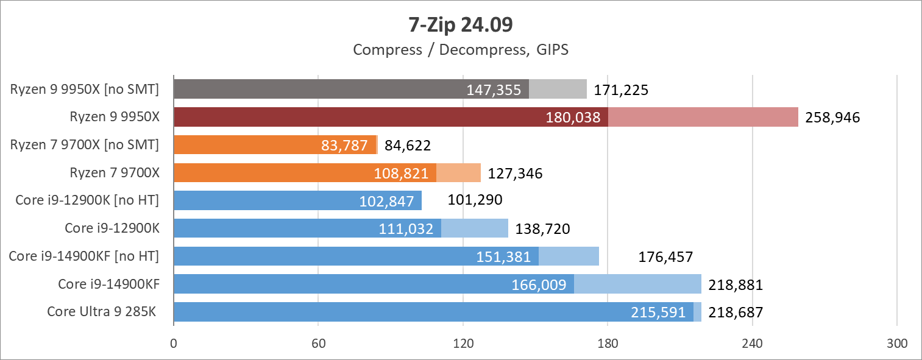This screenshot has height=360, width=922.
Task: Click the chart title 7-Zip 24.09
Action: click(461, 25)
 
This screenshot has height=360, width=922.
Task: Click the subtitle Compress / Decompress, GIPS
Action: click(461, 49)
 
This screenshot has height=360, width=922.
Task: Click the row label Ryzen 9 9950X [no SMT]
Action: click(85, 90)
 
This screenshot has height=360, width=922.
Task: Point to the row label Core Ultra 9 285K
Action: click(102, 312)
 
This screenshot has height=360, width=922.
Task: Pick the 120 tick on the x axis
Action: click(463, 344)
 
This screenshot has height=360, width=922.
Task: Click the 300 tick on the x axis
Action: click(896, 344)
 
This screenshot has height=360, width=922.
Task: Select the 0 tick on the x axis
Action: click(174, 344)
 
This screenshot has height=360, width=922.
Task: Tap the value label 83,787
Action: click(344, 146)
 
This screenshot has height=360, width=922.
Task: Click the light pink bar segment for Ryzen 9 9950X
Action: click(703, 117)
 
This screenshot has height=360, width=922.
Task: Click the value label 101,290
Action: click(475, 200)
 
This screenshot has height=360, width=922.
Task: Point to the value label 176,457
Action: click(665, 256)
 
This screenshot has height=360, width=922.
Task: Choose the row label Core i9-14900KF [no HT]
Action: click(84, 256)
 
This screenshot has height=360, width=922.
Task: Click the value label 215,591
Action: click(661, 312)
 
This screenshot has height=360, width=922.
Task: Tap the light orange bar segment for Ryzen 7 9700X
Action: click(458, 173)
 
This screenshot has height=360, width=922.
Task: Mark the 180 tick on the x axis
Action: click(608, 344)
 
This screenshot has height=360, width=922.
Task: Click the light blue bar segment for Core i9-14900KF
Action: click(637, 284)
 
